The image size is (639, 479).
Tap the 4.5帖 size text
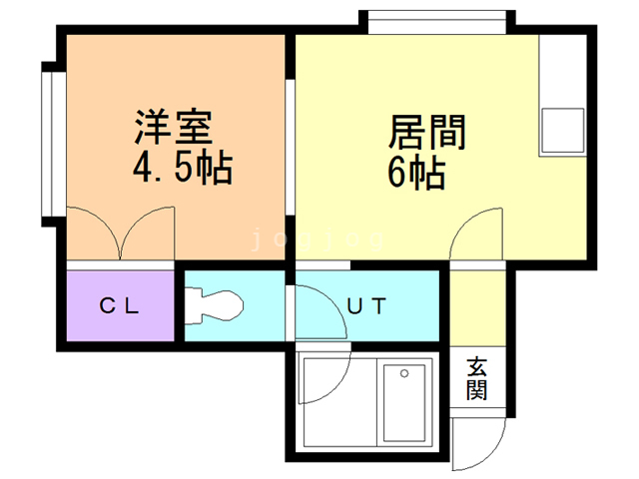[x=183, y=168]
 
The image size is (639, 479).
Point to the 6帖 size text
[x=415, y=175]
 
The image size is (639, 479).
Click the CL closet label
[x=124, y=306]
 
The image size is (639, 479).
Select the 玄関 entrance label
[x=476, y=380]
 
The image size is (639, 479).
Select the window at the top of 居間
[x=435, y=21]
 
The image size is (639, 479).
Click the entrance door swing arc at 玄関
[x=478, y=438]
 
